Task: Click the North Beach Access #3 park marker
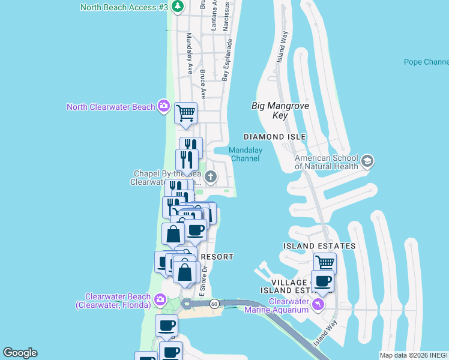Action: tap(177, 7)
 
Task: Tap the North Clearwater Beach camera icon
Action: tap(163, 107)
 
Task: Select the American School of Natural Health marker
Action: tap(367, 162)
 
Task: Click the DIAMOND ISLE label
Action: tap(274, 137)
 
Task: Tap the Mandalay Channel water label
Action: tap(245, 154)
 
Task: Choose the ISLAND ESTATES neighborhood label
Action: tap(319, 246)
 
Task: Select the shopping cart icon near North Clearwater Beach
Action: tap(185, 112)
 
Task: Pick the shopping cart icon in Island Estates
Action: tap(325, 262)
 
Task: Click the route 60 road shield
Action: tap(214, 304)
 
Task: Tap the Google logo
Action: tap(20, 353)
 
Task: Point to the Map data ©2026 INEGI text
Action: tap(413, 355)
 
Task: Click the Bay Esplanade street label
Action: tap(226, 60)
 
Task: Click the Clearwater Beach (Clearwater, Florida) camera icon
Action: tap(160, 299)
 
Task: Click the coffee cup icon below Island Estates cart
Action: tap(322, 281)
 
